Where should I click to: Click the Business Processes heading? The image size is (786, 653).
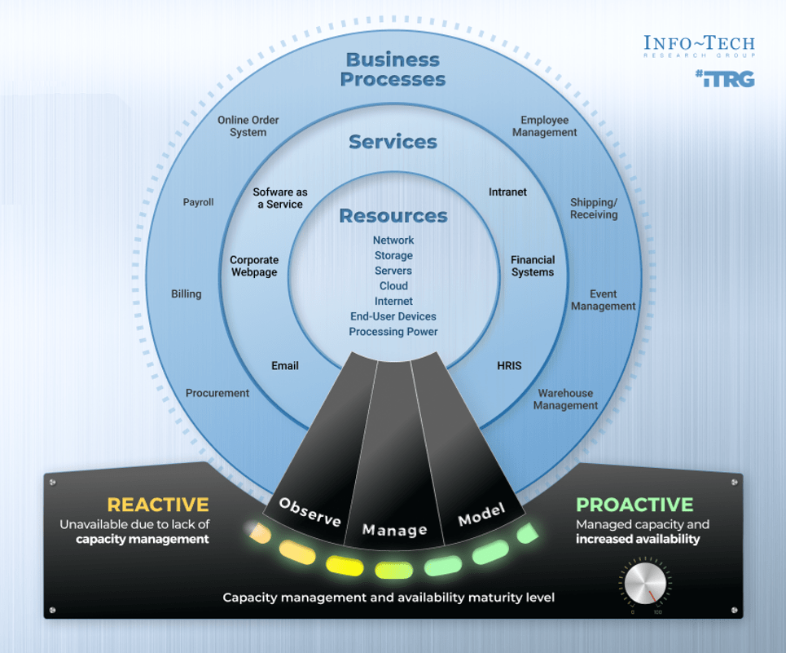coord(393,69)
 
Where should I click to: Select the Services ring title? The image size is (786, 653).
coord(393,142)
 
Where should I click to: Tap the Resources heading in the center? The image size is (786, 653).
coord(393,216)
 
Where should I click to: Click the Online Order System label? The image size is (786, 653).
coord(248,126)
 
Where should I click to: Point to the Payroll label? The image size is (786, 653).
coord(198,202)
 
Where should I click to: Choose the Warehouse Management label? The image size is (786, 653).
coord(565,399)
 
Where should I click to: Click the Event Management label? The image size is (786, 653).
coord(603,300)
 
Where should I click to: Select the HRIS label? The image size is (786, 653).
coord(509,366)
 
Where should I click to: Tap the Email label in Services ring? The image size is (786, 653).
coord(285,366)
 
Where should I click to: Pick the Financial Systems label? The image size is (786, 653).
coord(533,266)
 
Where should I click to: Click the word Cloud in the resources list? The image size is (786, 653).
coord(393,286)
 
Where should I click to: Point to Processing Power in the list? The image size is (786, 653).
coord(393,332)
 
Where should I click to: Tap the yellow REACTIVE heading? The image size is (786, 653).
coord(158,505)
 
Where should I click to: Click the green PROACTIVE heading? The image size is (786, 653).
coord(635,505)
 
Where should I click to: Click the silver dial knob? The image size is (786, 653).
coord(647,585)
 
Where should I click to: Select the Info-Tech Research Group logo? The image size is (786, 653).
coord(699,46)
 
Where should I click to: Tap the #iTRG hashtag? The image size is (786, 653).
coord(725,79)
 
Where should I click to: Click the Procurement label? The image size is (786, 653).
coord(217,393)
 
